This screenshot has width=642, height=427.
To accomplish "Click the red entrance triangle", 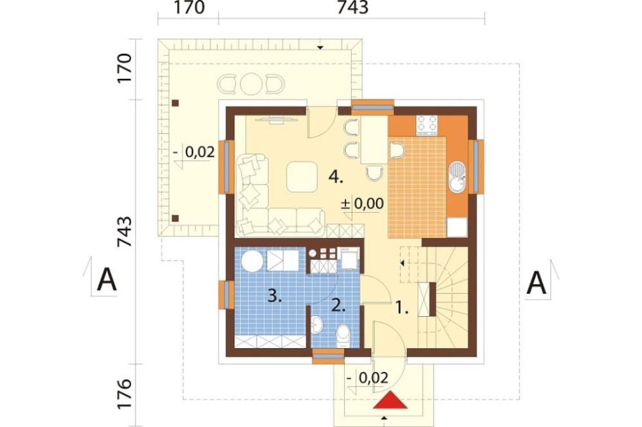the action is pos(390,401).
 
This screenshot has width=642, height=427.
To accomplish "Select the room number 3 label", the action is pos(275,296).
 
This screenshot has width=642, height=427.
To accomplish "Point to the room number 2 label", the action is pos(338,306).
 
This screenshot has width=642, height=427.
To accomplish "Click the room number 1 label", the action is pos(402,308).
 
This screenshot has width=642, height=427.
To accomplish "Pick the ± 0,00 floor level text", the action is pos(362,203).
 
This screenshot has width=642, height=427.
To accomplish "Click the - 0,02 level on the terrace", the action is pos(194,152).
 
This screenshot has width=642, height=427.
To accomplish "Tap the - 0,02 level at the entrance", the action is pos(367,378).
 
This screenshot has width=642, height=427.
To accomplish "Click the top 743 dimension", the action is pos(352,7).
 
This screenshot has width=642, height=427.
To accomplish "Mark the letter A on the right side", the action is pos(536,282).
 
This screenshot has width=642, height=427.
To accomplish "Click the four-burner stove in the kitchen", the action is pos(427,125).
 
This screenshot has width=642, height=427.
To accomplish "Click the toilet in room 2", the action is pos(343,336).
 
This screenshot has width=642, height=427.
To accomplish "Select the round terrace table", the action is pos(251,84).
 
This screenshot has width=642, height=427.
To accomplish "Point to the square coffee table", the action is pos(302,177).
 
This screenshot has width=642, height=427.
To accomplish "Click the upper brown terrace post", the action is pos(175,103).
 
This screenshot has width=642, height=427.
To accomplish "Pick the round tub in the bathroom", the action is pos(252,260).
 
